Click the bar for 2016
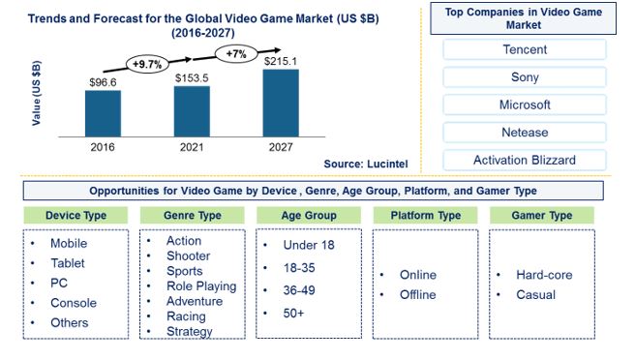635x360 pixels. [103, 113]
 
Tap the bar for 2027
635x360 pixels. [282, 102]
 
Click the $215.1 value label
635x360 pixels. [282, 61]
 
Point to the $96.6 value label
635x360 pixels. [103, 83]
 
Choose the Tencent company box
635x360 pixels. [524, 49]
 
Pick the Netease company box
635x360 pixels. [524, 132]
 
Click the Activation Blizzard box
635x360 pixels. [524, 160]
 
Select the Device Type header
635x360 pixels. [76, 215]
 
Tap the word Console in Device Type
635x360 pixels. [75, 303]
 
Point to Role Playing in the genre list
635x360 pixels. [201, 285]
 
